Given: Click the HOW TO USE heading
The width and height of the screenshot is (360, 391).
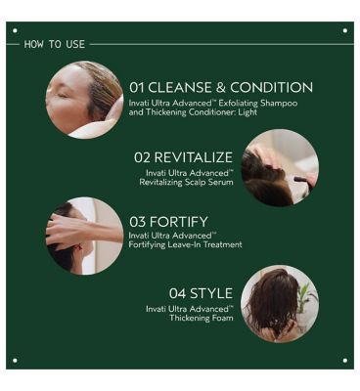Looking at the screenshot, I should coord(56,44).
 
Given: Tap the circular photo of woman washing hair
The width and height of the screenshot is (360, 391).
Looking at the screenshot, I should coord(84,100).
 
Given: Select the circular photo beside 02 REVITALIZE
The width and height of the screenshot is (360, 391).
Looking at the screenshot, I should coord(280,168).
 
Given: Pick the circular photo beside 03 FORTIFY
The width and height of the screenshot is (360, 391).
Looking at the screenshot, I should coord(84,235).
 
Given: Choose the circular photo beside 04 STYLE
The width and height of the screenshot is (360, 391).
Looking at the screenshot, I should coord(280,303).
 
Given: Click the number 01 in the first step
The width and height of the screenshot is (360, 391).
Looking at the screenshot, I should coord(138,87).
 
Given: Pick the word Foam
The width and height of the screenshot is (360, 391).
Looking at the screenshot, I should coord(219,317).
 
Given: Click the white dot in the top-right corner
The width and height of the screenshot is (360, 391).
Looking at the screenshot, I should coord(344,31).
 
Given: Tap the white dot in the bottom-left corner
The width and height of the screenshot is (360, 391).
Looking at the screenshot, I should coord(15,360).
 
